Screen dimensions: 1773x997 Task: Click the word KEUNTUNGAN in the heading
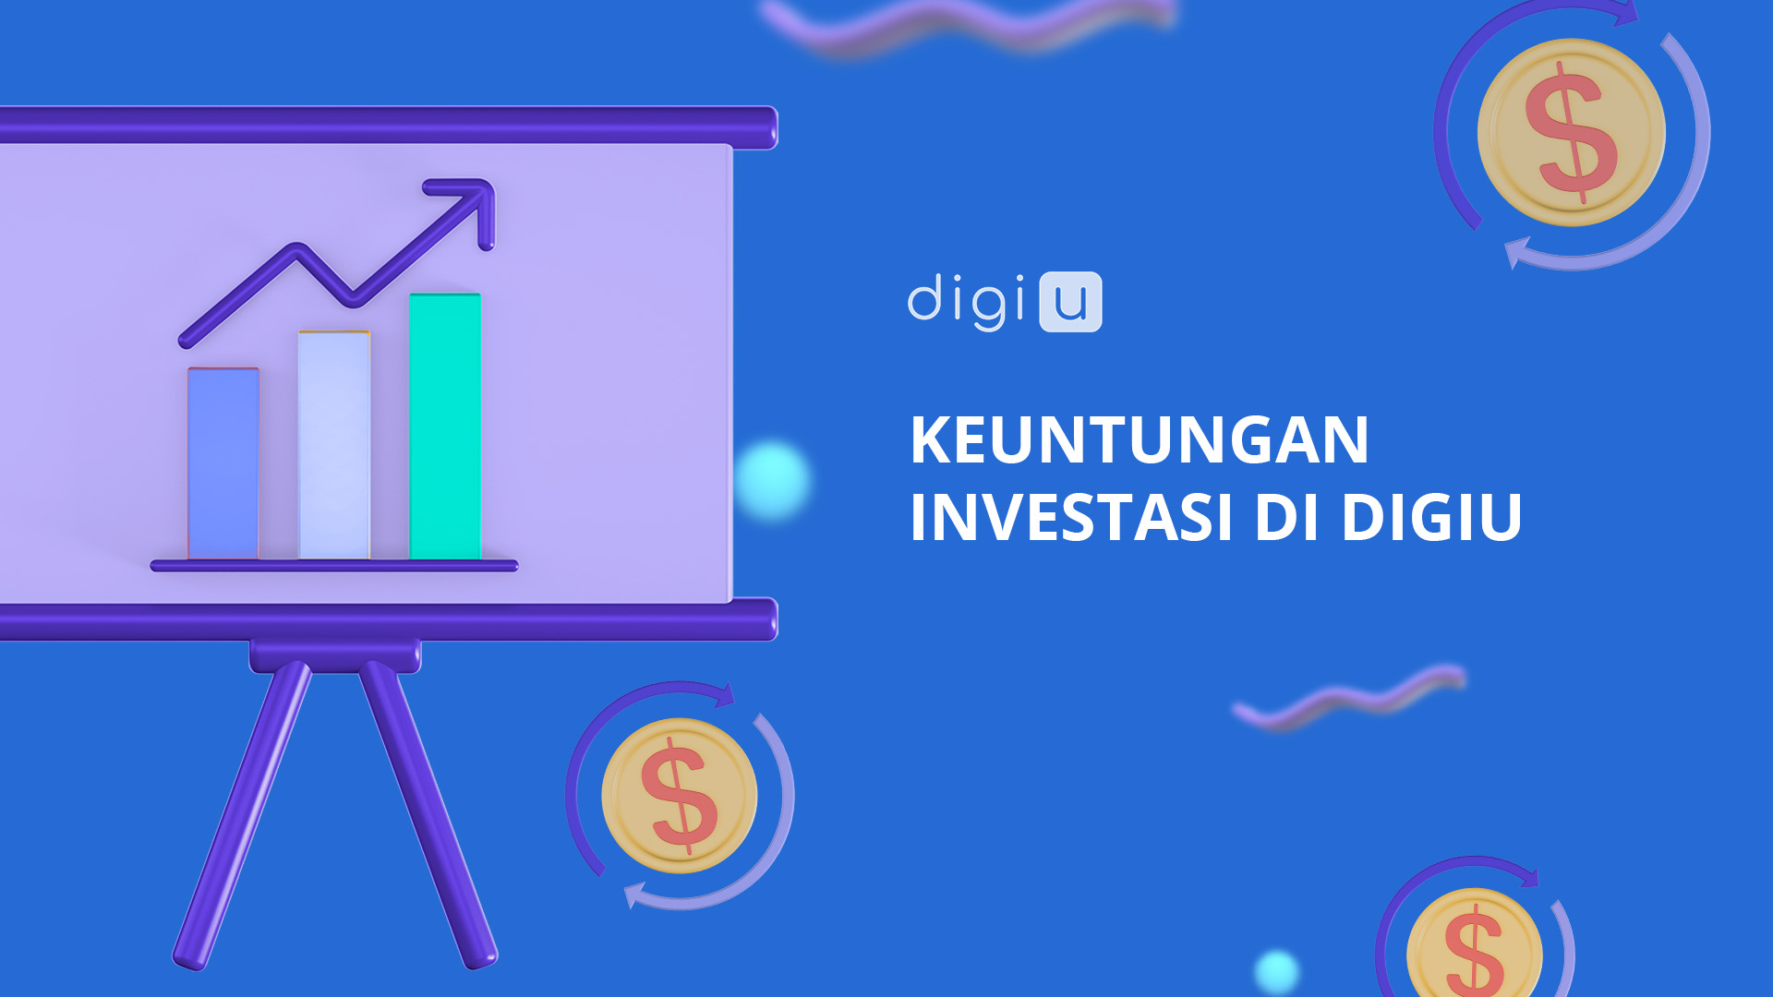(1140, 440)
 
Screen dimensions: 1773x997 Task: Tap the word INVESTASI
(1071, 517)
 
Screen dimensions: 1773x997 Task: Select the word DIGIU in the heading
(1431, 517)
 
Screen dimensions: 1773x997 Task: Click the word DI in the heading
(1286, 517)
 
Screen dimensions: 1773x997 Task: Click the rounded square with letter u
(1070, 302)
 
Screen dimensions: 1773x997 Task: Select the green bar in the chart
(445, 426)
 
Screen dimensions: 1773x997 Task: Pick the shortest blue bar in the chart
(223, 463)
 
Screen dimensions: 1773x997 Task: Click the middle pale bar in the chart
(334, 445)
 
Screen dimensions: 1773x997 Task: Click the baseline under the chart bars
(334, 566)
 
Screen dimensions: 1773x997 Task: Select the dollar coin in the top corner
(1572, 132)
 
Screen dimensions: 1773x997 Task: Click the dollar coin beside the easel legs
(680, 796)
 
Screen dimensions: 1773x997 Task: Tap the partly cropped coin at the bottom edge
(1475, 943)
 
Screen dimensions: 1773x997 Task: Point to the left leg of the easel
(243, 814)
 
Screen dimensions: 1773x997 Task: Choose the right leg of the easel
(428, 814)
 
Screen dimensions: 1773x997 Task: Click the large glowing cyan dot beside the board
(773, 480)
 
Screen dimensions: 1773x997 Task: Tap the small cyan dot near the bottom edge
(1277, 971)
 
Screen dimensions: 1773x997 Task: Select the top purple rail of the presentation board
(389, 126)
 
